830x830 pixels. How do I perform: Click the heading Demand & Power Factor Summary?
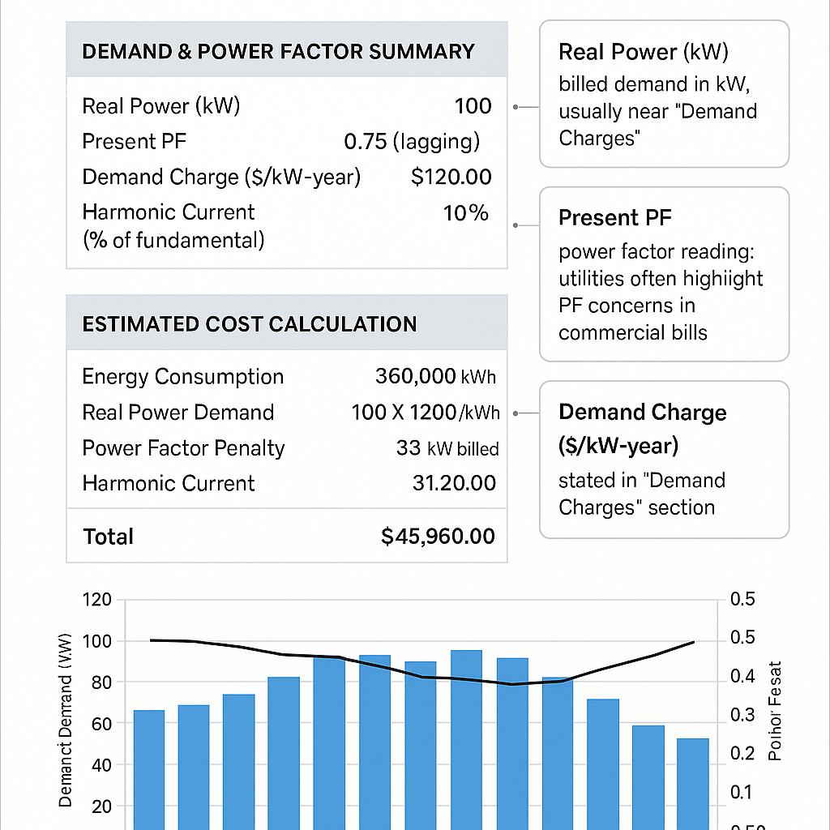(x=278, y=52)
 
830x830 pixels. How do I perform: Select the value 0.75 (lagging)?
(x=412, y=142)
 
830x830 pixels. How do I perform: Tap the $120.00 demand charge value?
(x=451, y=178)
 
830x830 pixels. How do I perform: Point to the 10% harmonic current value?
(x=466, y=213)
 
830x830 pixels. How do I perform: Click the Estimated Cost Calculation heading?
(x=250, y=324)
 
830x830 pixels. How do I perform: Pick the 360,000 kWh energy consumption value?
(x=435, y=377)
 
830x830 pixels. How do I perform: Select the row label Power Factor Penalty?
(x=183, y=448)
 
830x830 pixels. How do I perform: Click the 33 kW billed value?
(x=447, y=448)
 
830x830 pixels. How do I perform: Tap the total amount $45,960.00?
(x=438, y=537)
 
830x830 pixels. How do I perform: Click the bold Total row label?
(x=108, y=537)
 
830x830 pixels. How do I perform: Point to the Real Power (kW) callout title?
(x=643, y=53)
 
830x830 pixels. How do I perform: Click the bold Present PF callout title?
(x=615, y=218)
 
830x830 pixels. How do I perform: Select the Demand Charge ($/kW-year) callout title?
(x=642, y=429)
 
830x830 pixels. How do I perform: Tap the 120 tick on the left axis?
(x=96, y=601)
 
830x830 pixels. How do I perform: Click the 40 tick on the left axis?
(x=101, y=764)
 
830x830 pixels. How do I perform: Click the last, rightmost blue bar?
(x=693, y=782)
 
